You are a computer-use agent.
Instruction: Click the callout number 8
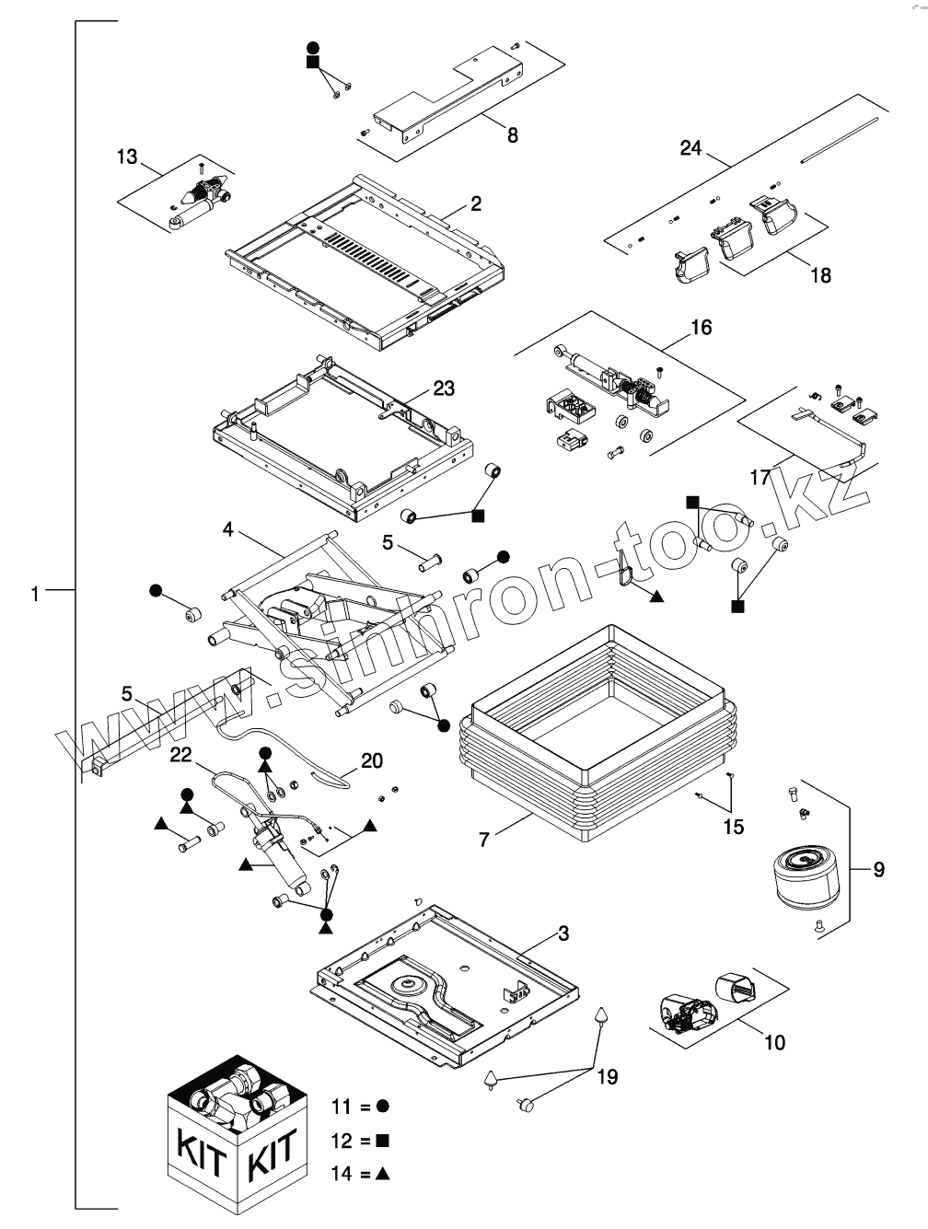(x=512, y=135)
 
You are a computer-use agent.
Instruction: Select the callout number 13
(x=126, y=157)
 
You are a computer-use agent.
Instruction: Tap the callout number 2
(x=476, y=203)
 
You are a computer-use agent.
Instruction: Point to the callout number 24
(x=690, y=147)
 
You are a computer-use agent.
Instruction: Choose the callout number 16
(x=702, y=328)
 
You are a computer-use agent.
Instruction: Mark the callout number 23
(x=444, y=388)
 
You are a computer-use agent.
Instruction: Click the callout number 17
(x=760, y=479)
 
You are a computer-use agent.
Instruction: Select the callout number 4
(x=228, y=529)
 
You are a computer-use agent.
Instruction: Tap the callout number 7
(x=485, y=839)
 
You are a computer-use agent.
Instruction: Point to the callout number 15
(x=733, y=827)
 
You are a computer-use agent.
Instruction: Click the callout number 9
(x=878, y=868)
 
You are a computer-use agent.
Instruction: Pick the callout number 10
(x=774, y=1042)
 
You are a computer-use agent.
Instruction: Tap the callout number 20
(x=372, y=760)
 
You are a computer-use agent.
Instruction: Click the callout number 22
(x=180, y=755)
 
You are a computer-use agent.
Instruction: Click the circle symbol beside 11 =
(x=382, y=1104)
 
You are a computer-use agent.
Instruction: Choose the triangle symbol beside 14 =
(x=383, y=1174)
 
